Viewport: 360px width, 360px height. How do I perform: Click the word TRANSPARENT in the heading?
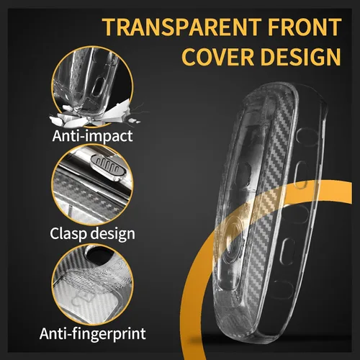pos(181,27)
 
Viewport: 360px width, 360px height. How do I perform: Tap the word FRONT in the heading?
pos(305,27)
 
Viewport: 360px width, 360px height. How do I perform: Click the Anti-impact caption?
pos(92,136)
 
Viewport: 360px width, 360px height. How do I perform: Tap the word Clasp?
pos(68,234)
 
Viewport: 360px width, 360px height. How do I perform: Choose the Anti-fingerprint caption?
pos(93,333)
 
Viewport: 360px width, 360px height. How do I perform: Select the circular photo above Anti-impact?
pos(92,86)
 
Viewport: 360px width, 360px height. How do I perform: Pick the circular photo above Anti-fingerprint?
pos(92,284)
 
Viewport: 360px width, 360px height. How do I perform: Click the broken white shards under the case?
pos(95,115)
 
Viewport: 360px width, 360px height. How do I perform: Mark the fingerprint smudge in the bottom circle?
pos(92,279)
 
